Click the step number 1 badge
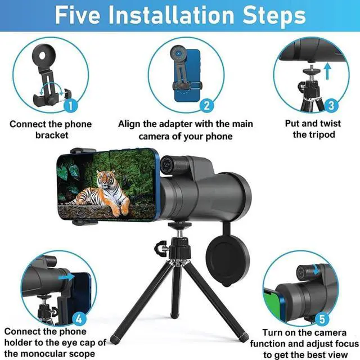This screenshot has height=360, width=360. [x=71, y=106]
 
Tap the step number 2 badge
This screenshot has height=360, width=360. [x=206, y=106]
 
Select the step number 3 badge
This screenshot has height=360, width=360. [x=331, y=106]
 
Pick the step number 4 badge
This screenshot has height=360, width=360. [x=79, y=319]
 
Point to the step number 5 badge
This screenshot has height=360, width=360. [x=322, y=319]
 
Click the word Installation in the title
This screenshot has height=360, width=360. [x=172, y=15]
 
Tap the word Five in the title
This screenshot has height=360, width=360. [x=78, y=15]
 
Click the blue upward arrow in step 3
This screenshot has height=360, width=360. [x=328, y=71]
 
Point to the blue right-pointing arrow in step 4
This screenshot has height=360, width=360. [x=66, y=277]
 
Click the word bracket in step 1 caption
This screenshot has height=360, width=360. [x=52, y=135]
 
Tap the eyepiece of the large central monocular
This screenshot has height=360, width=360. [x=166, y=164]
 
